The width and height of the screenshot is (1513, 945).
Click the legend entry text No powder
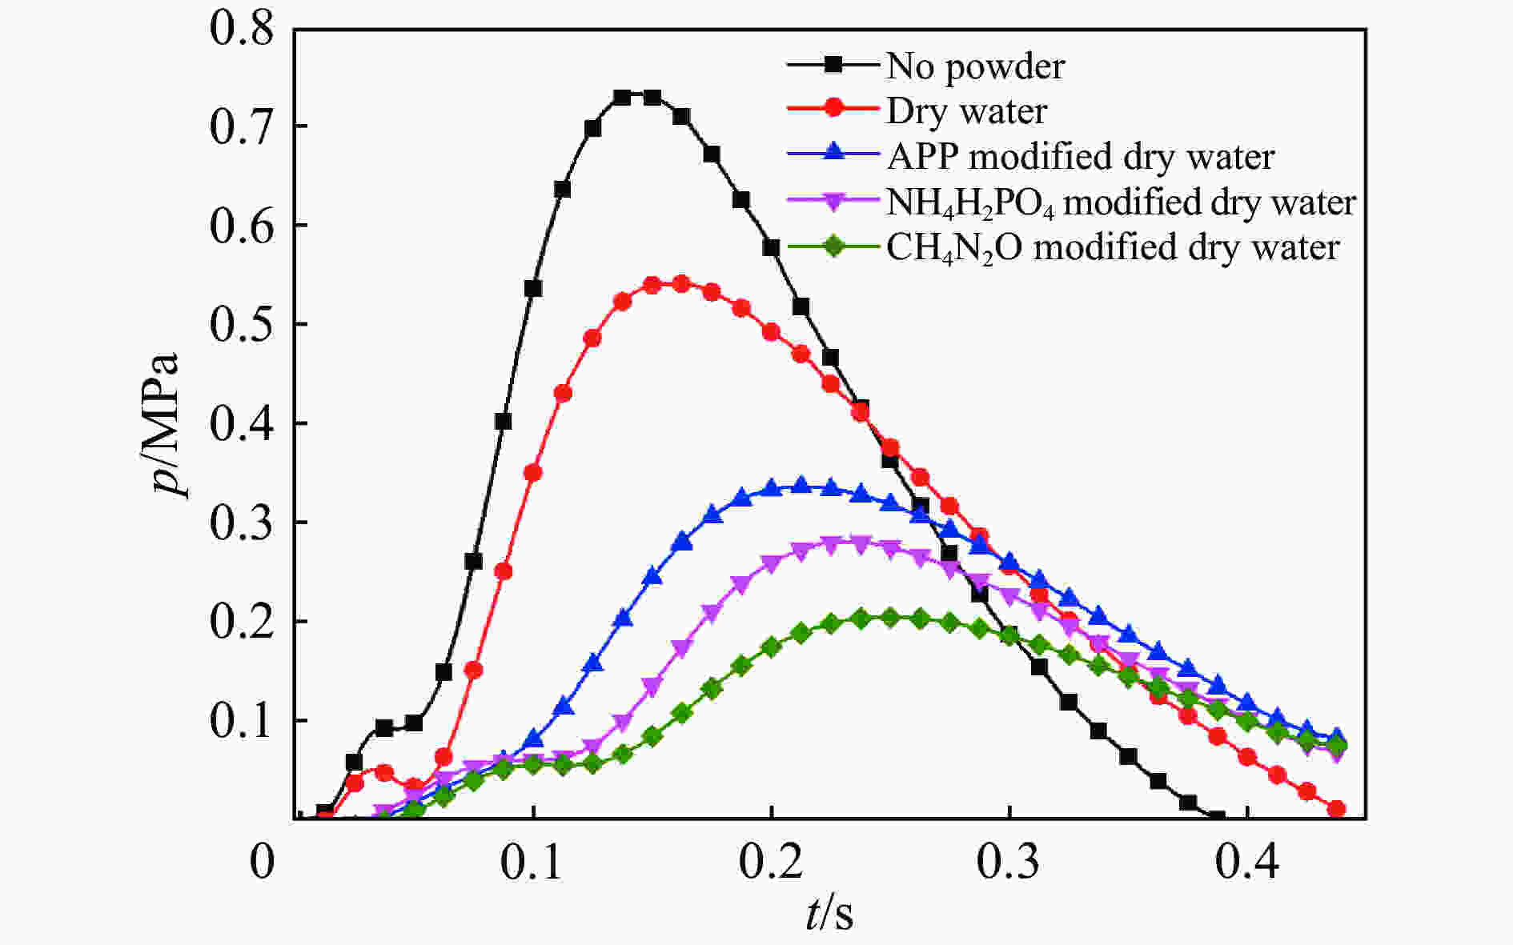975,66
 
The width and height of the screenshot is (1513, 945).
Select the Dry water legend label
966,111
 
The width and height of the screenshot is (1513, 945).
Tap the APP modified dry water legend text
1080,157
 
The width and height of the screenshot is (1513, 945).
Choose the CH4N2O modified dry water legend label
1113,248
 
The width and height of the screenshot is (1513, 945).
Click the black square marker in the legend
833,64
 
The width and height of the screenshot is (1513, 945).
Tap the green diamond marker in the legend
833,246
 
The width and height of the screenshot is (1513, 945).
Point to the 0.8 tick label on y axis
241,29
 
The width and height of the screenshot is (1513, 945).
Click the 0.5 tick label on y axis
241,324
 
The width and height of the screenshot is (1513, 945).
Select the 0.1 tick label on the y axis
241,721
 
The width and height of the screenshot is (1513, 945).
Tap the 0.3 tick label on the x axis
1008,863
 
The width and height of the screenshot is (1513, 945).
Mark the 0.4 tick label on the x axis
1246,863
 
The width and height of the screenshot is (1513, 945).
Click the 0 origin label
262,863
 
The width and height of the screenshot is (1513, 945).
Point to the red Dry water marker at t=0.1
533,473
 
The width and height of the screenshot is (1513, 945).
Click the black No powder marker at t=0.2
771,248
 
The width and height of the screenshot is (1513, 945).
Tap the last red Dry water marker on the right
1336,809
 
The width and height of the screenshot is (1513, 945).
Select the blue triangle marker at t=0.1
533,738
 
